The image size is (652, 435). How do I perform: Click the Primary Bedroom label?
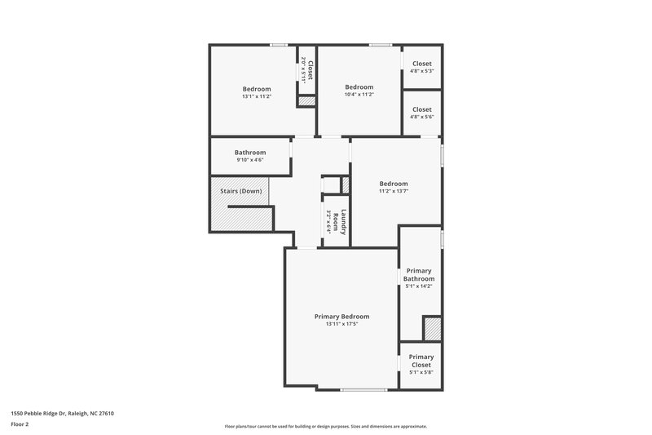click(341, 316)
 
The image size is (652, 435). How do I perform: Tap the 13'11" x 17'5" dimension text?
click(341, 324)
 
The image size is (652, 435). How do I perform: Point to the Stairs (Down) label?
click(240, 191)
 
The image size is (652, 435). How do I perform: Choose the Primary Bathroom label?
click(419, 274)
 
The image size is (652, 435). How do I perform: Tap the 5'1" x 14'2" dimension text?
click(419, 286)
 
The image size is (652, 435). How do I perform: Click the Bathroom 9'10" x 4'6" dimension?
click(250, 160)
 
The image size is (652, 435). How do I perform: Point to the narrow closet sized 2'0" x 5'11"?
click(306, 69)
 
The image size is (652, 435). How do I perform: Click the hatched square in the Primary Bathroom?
click(432, 329)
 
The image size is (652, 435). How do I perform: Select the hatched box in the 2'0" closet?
click(306, 101)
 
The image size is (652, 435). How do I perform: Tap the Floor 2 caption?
click(20, 424)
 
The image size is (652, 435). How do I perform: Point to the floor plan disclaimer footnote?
click(325, 426)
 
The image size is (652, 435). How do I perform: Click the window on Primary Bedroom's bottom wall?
click(363, 389)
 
